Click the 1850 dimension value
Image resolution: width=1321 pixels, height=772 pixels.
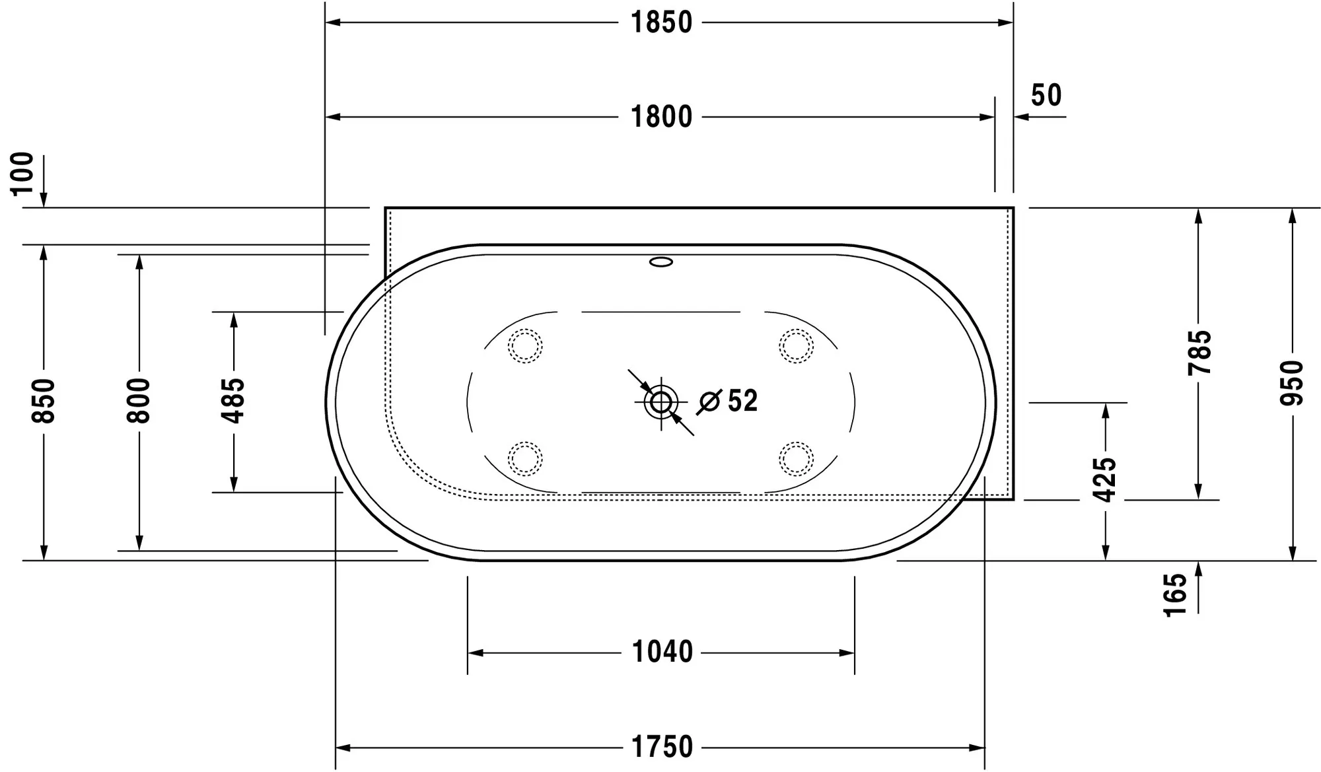pyautogui.click(x=661, y=22)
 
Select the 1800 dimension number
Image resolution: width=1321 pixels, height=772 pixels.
pyautogui.click(x=661, y=117)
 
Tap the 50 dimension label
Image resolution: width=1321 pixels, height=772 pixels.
pyautogui.click(x=1046, y=95)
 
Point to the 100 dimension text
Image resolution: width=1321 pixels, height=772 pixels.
pyautogui.click(x=23, y=173)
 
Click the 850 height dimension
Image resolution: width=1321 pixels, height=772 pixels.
pyautogui.click(x=44, y=401)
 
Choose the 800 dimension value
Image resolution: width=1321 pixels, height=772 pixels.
pyautogui.click(x=139, y=401)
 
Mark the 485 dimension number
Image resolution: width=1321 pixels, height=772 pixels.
pyautogui.click(x=233, y=401)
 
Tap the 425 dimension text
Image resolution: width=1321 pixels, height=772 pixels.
pyautogui.click(x=1105, y=479)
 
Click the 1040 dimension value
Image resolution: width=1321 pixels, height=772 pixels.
pyautogui.click(x=662, y=652)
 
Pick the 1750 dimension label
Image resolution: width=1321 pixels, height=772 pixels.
pyautogui.click(x=662, y=748)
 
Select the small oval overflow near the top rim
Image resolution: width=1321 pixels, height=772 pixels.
pyautogui.click(x=661, y=262)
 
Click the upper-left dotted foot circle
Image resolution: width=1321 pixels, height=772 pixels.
pyautogui.click(x=525, y=346)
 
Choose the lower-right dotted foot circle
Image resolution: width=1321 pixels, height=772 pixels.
pyautogui.click(x=796, y=458)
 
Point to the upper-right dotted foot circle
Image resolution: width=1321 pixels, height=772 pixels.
pyautogui.click(x=796, y=346)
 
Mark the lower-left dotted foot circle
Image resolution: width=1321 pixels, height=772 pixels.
pyautogui.click(x=525, y=458)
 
